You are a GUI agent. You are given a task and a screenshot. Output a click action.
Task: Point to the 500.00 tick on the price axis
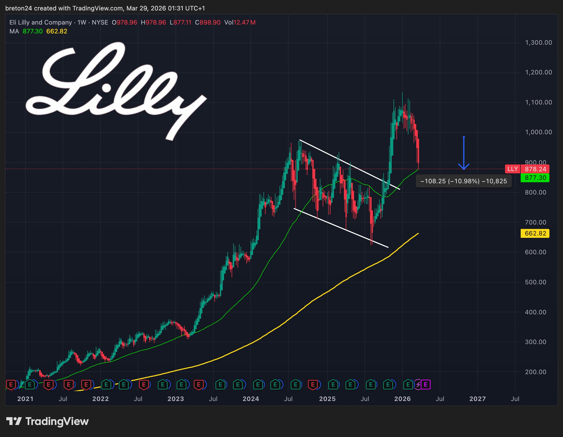[535, 282]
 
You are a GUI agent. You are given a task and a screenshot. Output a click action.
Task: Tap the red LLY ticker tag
[512, 169]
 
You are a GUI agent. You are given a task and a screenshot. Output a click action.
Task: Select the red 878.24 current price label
[535, 169]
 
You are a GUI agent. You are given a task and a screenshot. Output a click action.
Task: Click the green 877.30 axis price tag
[535, 178]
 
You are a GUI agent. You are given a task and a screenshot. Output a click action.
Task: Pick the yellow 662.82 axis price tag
[535, 233]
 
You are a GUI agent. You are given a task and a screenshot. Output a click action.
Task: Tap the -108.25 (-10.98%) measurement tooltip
[464, 181]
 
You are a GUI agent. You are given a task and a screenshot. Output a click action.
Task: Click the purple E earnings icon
[425, 385]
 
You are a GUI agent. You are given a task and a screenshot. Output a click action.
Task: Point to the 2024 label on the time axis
[251, 399]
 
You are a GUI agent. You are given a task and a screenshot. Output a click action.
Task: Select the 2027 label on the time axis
[478, 399]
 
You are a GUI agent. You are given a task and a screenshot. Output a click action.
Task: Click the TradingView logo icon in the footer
[14, 421]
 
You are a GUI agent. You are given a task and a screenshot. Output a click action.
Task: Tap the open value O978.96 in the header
[124, 22]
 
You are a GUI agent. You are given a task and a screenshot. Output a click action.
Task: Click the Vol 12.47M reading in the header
[240, 22]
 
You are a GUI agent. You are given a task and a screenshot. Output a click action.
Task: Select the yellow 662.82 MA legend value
[57, 31]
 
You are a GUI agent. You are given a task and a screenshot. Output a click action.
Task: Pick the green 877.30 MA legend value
[32, 31]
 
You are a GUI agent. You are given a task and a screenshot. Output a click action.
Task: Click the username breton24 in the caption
[19, 8]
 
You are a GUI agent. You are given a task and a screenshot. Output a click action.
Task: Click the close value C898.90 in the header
[208, 22]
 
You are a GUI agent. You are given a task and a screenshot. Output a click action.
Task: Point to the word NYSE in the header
[100, 22]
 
